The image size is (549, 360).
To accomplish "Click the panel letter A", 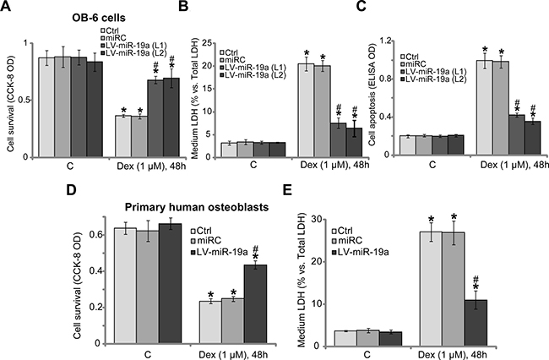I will pyautogui.click(x=7, y=8).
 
